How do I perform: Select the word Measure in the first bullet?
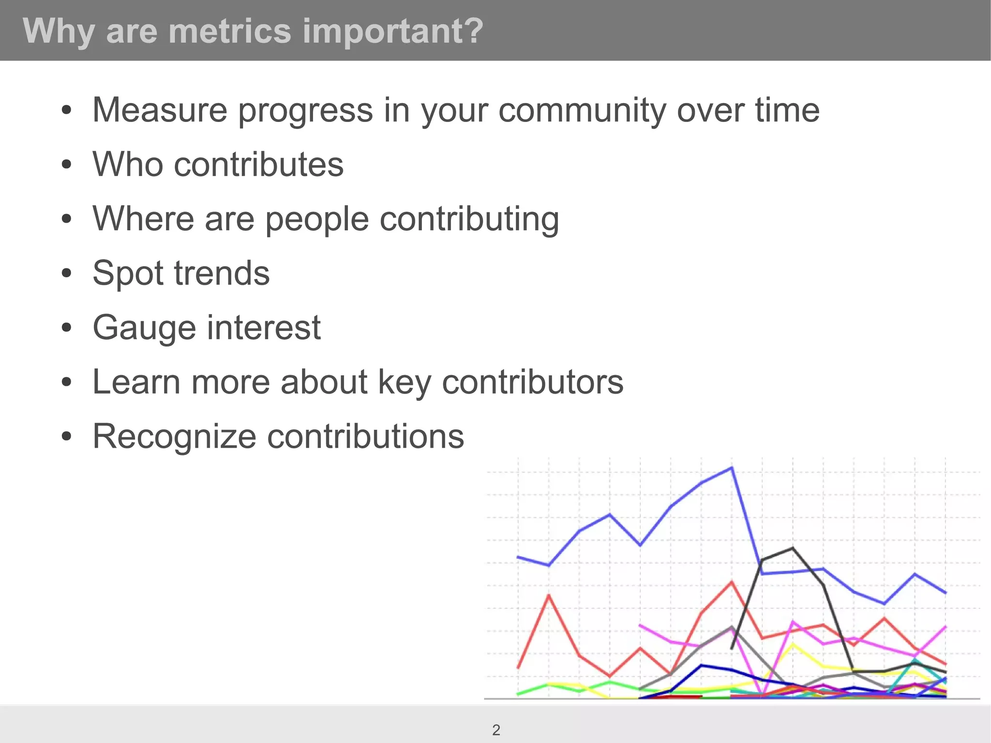click(160, 110)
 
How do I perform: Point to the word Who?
click(128, 164)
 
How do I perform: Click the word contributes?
click(258, 164)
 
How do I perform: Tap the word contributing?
click(469, 219)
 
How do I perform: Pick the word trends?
click(222, 273)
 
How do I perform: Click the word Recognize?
click(174, 437)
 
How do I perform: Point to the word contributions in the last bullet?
click(365, 436)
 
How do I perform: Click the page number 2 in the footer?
click(496, 730)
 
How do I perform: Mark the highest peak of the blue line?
click(732, 468)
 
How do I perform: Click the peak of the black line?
click(793, 548)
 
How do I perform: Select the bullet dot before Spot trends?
click(67, 273)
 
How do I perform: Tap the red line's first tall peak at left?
click(549, 595)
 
